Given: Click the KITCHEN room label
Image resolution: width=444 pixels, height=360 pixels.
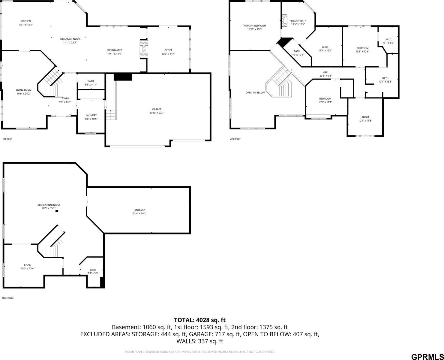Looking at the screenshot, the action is point(26,21).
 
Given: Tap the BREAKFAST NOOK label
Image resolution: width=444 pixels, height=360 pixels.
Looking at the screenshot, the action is point(70,39).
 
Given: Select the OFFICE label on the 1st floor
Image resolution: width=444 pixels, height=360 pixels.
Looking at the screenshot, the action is point(168,50).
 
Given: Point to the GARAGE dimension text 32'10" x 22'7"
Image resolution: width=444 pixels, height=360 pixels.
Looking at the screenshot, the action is point(157,113).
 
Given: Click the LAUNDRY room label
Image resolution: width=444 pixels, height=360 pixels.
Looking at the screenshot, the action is point(91,115).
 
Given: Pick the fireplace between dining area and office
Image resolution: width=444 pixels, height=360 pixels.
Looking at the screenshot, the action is point(144,49).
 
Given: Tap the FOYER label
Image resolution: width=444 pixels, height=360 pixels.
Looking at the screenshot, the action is point(65,98).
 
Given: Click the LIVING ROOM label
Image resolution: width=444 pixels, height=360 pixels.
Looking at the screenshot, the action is point(24,90).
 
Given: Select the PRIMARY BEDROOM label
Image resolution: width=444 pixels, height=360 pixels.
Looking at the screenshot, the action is point(255,26).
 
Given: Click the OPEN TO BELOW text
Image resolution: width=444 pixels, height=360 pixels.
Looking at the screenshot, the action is point(255,92).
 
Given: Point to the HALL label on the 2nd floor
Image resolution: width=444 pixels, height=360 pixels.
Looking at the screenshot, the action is point(325,72).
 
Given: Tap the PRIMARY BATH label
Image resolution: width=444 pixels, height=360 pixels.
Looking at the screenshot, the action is point(298,21).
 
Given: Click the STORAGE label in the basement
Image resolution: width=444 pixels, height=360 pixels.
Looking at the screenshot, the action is point(139,210).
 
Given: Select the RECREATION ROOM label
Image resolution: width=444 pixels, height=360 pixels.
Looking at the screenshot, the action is point(49,205).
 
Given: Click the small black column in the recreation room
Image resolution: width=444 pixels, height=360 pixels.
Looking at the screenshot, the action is point(57,211).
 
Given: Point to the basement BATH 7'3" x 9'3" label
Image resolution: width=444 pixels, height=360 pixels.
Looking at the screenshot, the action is point(93,271).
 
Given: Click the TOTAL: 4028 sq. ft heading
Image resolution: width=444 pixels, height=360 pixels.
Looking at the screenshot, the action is point(200,320).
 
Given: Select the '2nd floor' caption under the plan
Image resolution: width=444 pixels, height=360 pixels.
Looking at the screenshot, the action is point(235,139).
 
